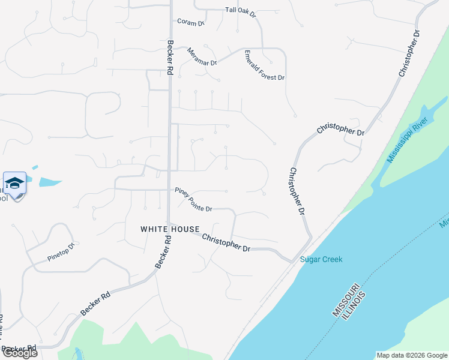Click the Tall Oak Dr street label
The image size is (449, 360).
[241, 10]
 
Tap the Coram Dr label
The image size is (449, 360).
[191, 22]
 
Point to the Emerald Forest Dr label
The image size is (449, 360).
[264, 65]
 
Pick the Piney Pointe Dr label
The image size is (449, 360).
[193, 199]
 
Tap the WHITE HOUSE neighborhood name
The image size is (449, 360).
[170, 229]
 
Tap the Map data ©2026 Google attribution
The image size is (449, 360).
[412, 355]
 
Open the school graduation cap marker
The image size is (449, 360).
[14, 183]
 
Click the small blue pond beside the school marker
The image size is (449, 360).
[50, 181]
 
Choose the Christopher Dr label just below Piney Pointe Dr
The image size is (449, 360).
[226, 242]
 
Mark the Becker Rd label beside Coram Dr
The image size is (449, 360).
[170, 57]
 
